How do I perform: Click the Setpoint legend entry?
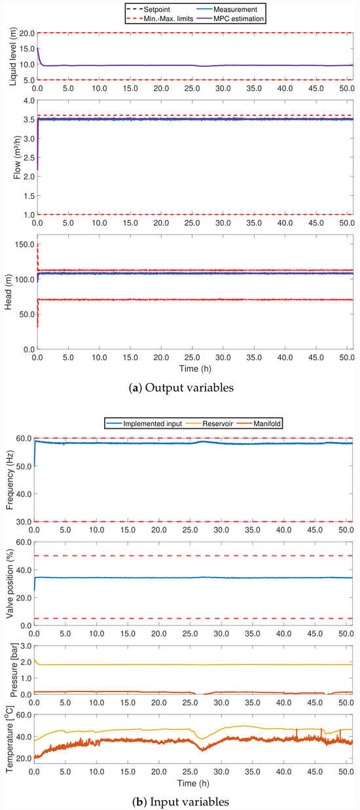click(x=148, y=9)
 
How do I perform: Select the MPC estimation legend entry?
click(x=230, y=18)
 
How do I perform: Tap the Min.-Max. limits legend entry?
click(x=160, y=18)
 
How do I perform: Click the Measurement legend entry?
click(x=227, y=9)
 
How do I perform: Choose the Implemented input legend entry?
click(x=144, y=424)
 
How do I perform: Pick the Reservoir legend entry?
click(x=209, y=424)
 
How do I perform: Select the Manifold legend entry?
click(x=259, y=424)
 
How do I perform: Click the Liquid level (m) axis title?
click(x=13, y=56)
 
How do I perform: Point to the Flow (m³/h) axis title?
click(x=16, y=157)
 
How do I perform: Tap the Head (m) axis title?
click(x=8, y=292)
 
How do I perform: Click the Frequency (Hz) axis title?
click(x=9, y=480)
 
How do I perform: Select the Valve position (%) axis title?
click(x=9, y=583)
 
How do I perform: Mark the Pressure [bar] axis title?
click(x=14, y=670)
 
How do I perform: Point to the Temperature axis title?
click(x=9, y=739)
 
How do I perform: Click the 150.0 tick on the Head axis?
click(x=25, y=244)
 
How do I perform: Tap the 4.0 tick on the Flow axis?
click(x=29, y=101)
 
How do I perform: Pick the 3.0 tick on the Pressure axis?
click(x=26, y=646)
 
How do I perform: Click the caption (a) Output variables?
click(x=181, y=388)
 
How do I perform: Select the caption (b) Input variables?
click(x=181, y=802)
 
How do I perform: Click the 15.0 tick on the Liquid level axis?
click(x=27, y=49)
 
